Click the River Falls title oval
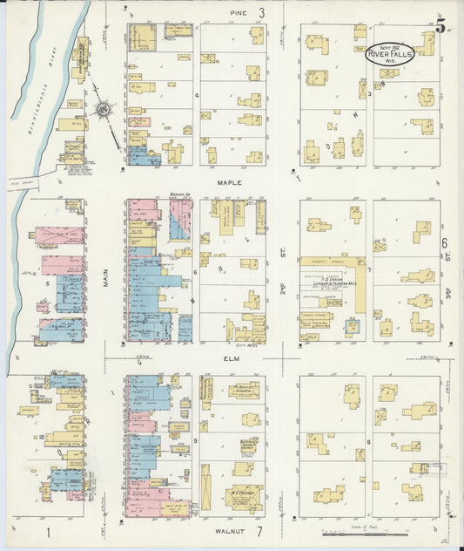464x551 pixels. [x=390, y=54]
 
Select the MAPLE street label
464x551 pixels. [x=229, y=184]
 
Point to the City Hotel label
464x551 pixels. [x=249, y=344]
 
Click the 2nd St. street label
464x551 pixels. [x=284, y=272]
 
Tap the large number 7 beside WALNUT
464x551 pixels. [x=259, y=530]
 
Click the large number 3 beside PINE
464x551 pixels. [x=260, y=13]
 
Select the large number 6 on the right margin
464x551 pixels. [x=444, y=243]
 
